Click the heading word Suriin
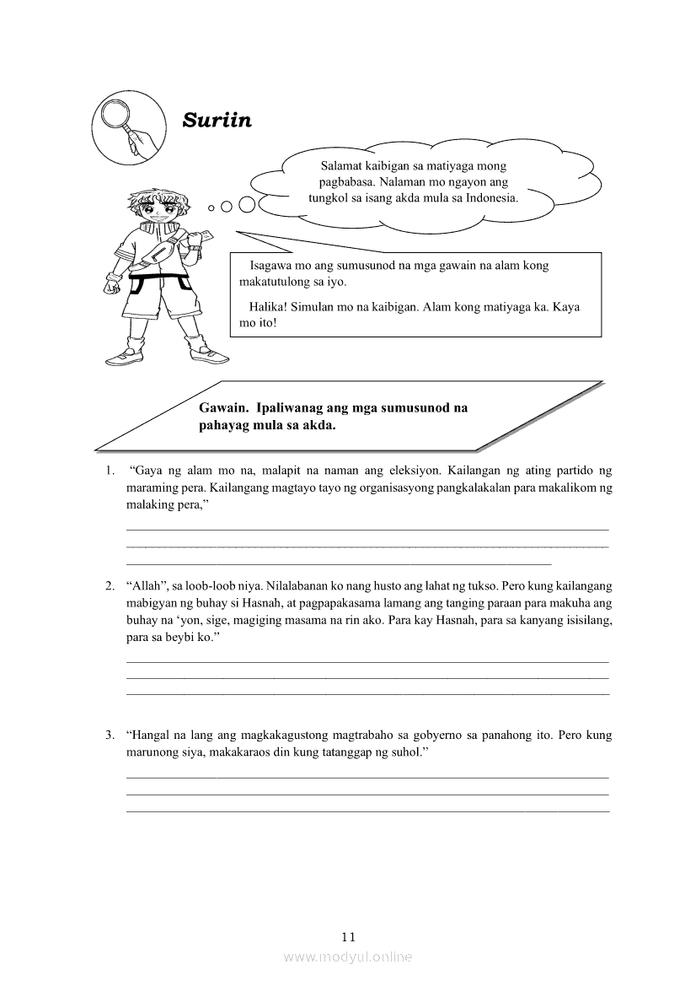217,120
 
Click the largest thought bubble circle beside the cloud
247,204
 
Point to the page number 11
348,936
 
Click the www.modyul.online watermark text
348,956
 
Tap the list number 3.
110,735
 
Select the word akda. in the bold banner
319,425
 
